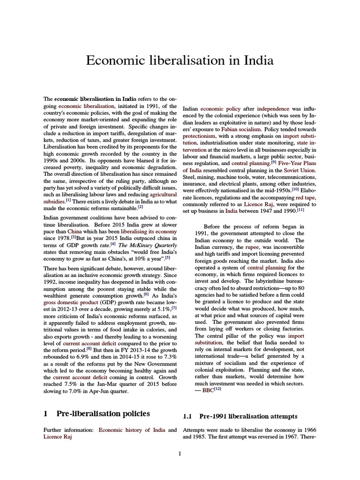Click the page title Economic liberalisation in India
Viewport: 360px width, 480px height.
(x=180, y=61)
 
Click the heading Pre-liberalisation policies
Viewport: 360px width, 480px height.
(x=103, y=414)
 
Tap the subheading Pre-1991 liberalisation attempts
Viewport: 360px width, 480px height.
(x=248, y=416)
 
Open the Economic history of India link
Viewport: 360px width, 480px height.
(x=133, y=429)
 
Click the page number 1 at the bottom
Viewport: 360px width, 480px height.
(x=180, y=453)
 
